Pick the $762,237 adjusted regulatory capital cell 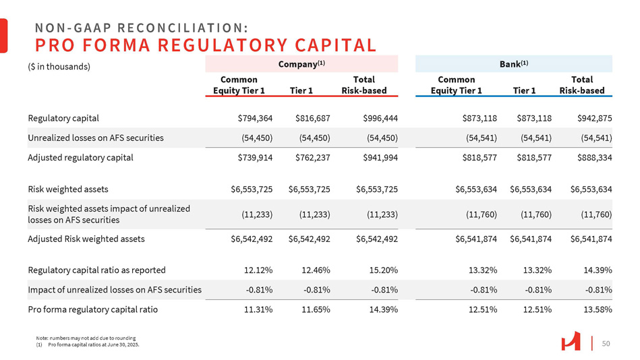pyautogui.click(x=312, y=158)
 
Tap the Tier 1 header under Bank pyautogui.click(x=524, y=90)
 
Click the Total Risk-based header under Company pyautogui.click(x=368, y=85)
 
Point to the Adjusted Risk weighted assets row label pyautogui.click(x=86, y=238)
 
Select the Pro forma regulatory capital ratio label pyautogui.click(x=92, y=309)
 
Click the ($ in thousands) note pyautogui.click(x=59, y=67)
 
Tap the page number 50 pyautogui.click(x=606, y=344)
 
